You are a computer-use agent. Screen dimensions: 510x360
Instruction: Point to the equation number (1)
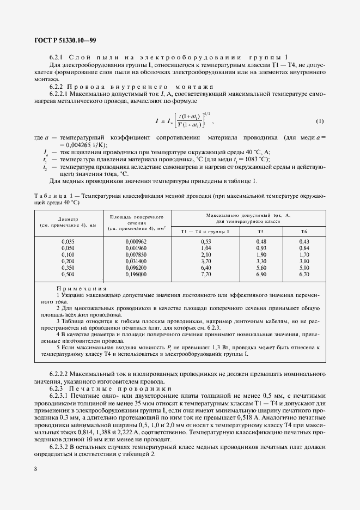tap(320, 120)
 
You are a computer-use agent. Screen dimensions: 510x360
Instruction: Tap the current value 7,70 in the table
tap(221, 275)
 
